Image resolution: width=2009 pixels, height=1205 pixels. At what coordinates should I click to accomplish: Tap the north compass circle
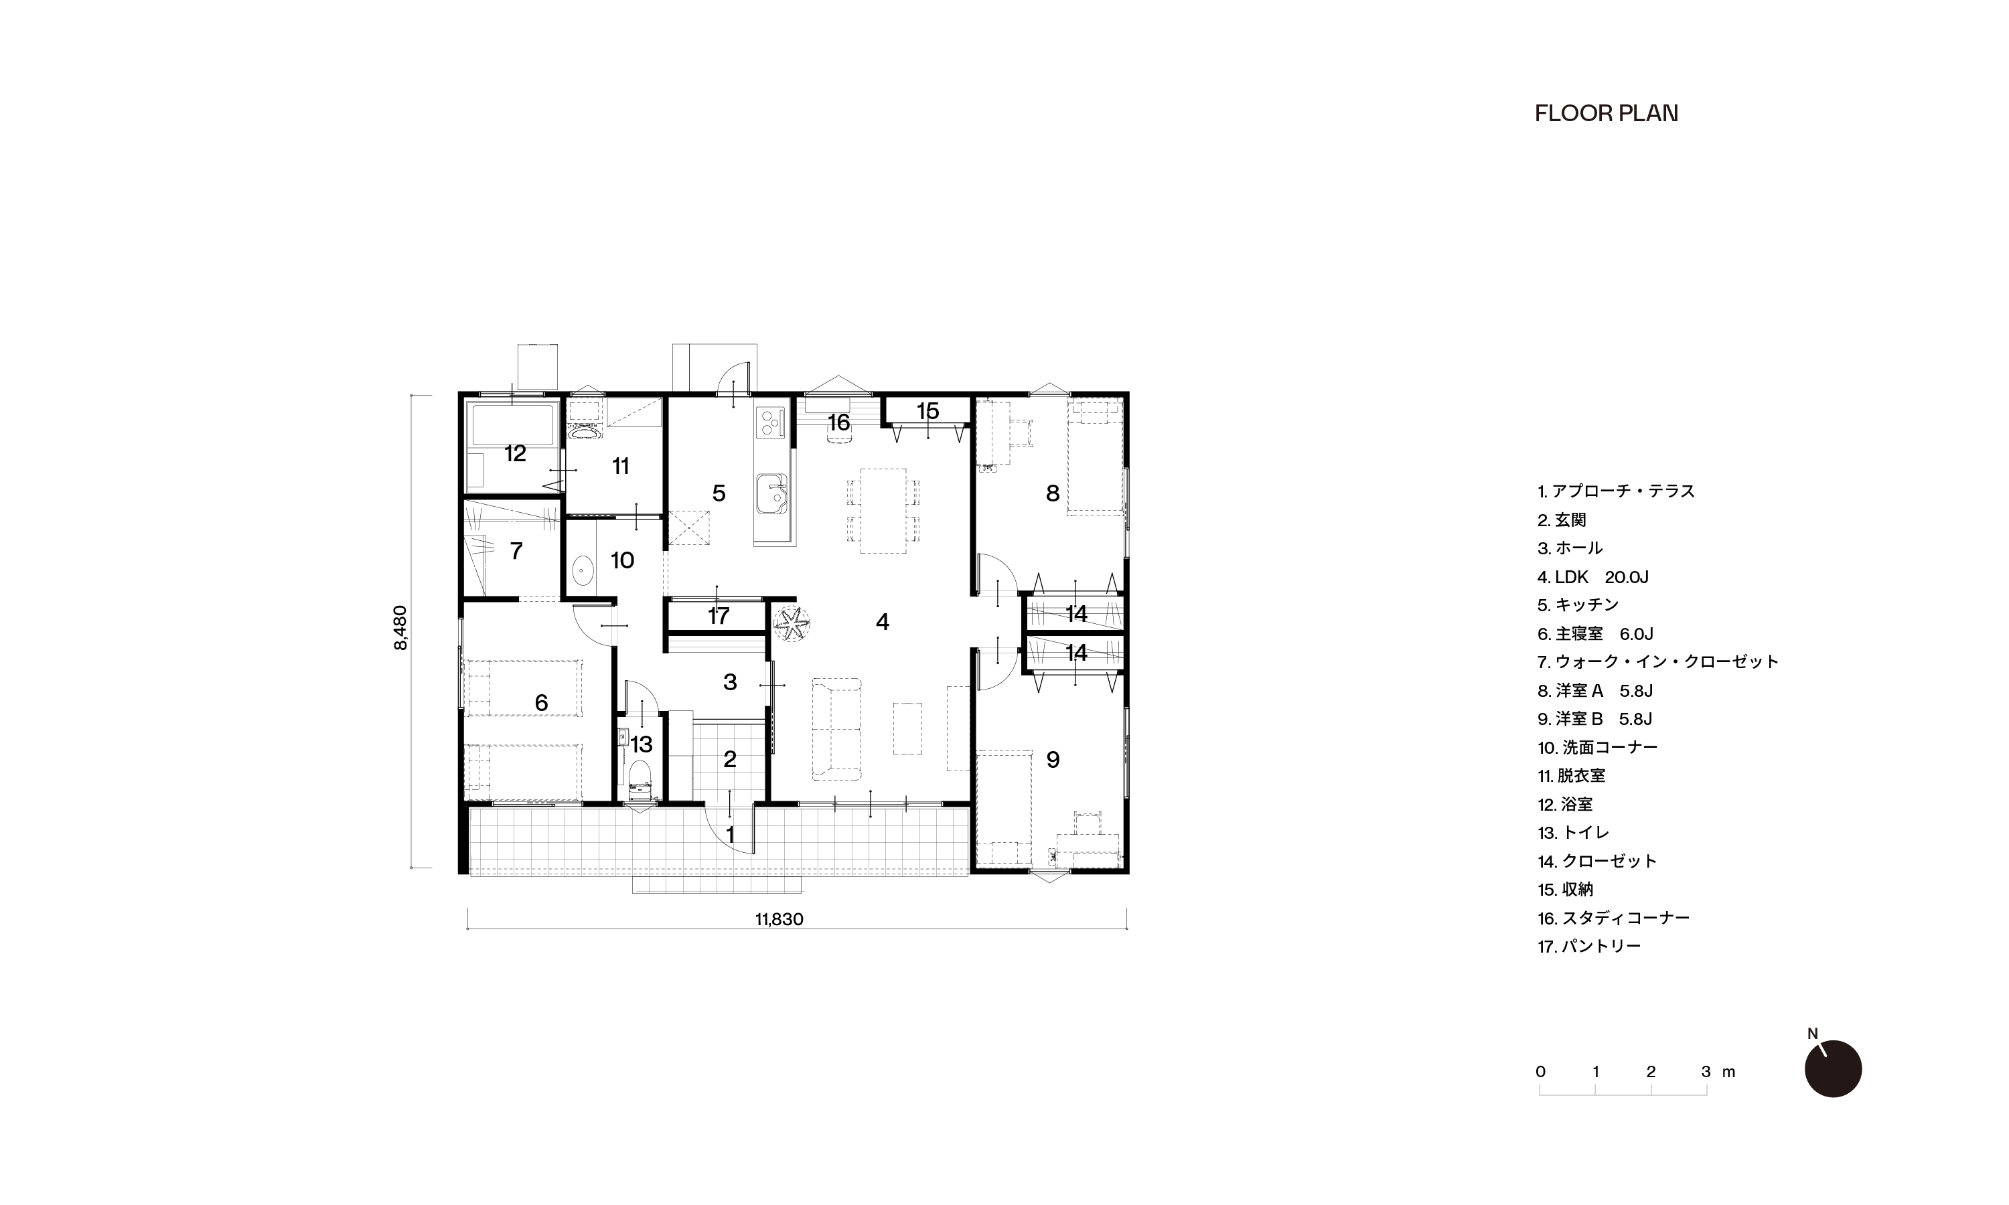click(x=1833, y=1068)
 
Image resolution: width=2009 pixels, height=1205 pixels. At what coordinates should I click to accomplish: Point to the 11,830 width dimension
click(x=779, y=919)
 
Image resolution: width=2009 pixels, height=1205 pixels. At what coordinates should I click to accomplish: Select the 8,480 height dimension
click(x=400, y=628)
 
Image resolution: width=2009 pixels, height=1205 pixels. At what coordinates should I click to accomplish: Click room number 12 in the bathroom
click(x=515, y=453)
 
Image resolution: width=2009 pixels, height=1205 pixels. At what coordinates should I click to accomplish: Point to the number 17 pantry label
click(x=718, y=615)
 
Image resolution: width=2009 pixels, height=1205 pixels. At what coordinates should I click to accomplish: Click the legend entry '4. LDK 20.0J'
click(x=1592, y=577)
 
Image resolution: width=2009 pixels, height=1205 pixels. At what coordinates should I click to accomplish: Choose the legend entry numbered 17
click(x=1589, y=946)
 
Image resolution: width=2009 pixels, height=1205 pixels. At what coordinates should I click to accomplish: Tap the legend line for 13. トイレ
click(x=1573, y=832)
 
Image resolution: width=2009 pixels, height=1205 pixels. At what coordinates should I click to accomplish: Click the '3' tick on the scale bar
click(x=1705, y=1072)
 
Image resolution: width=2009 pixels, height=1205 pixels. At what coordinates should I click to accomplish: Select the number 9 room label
click(x=1053, y=759)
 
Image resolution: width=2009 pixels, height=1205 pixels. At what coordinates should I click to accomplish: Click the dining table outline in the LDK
click(x=883, y=511)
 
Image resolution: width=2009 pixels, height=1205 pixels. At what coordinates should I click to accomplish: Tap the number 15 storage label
click(x=927, y=411)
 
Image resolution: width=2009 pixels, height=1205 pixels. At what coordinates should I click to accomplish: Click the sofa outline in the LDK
click(x=836, y=729)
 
